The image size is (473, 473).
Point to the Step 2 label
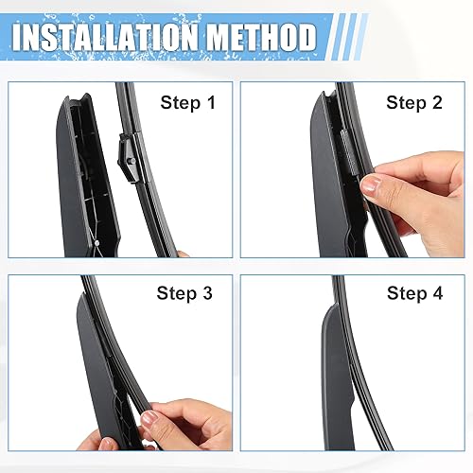(413, 102)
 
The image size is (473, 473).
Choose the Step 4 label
(413, 293)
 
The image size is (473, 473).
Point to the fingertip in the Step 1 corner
(184, 253)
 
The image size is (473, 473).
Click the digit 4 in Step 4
(436, 293)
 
